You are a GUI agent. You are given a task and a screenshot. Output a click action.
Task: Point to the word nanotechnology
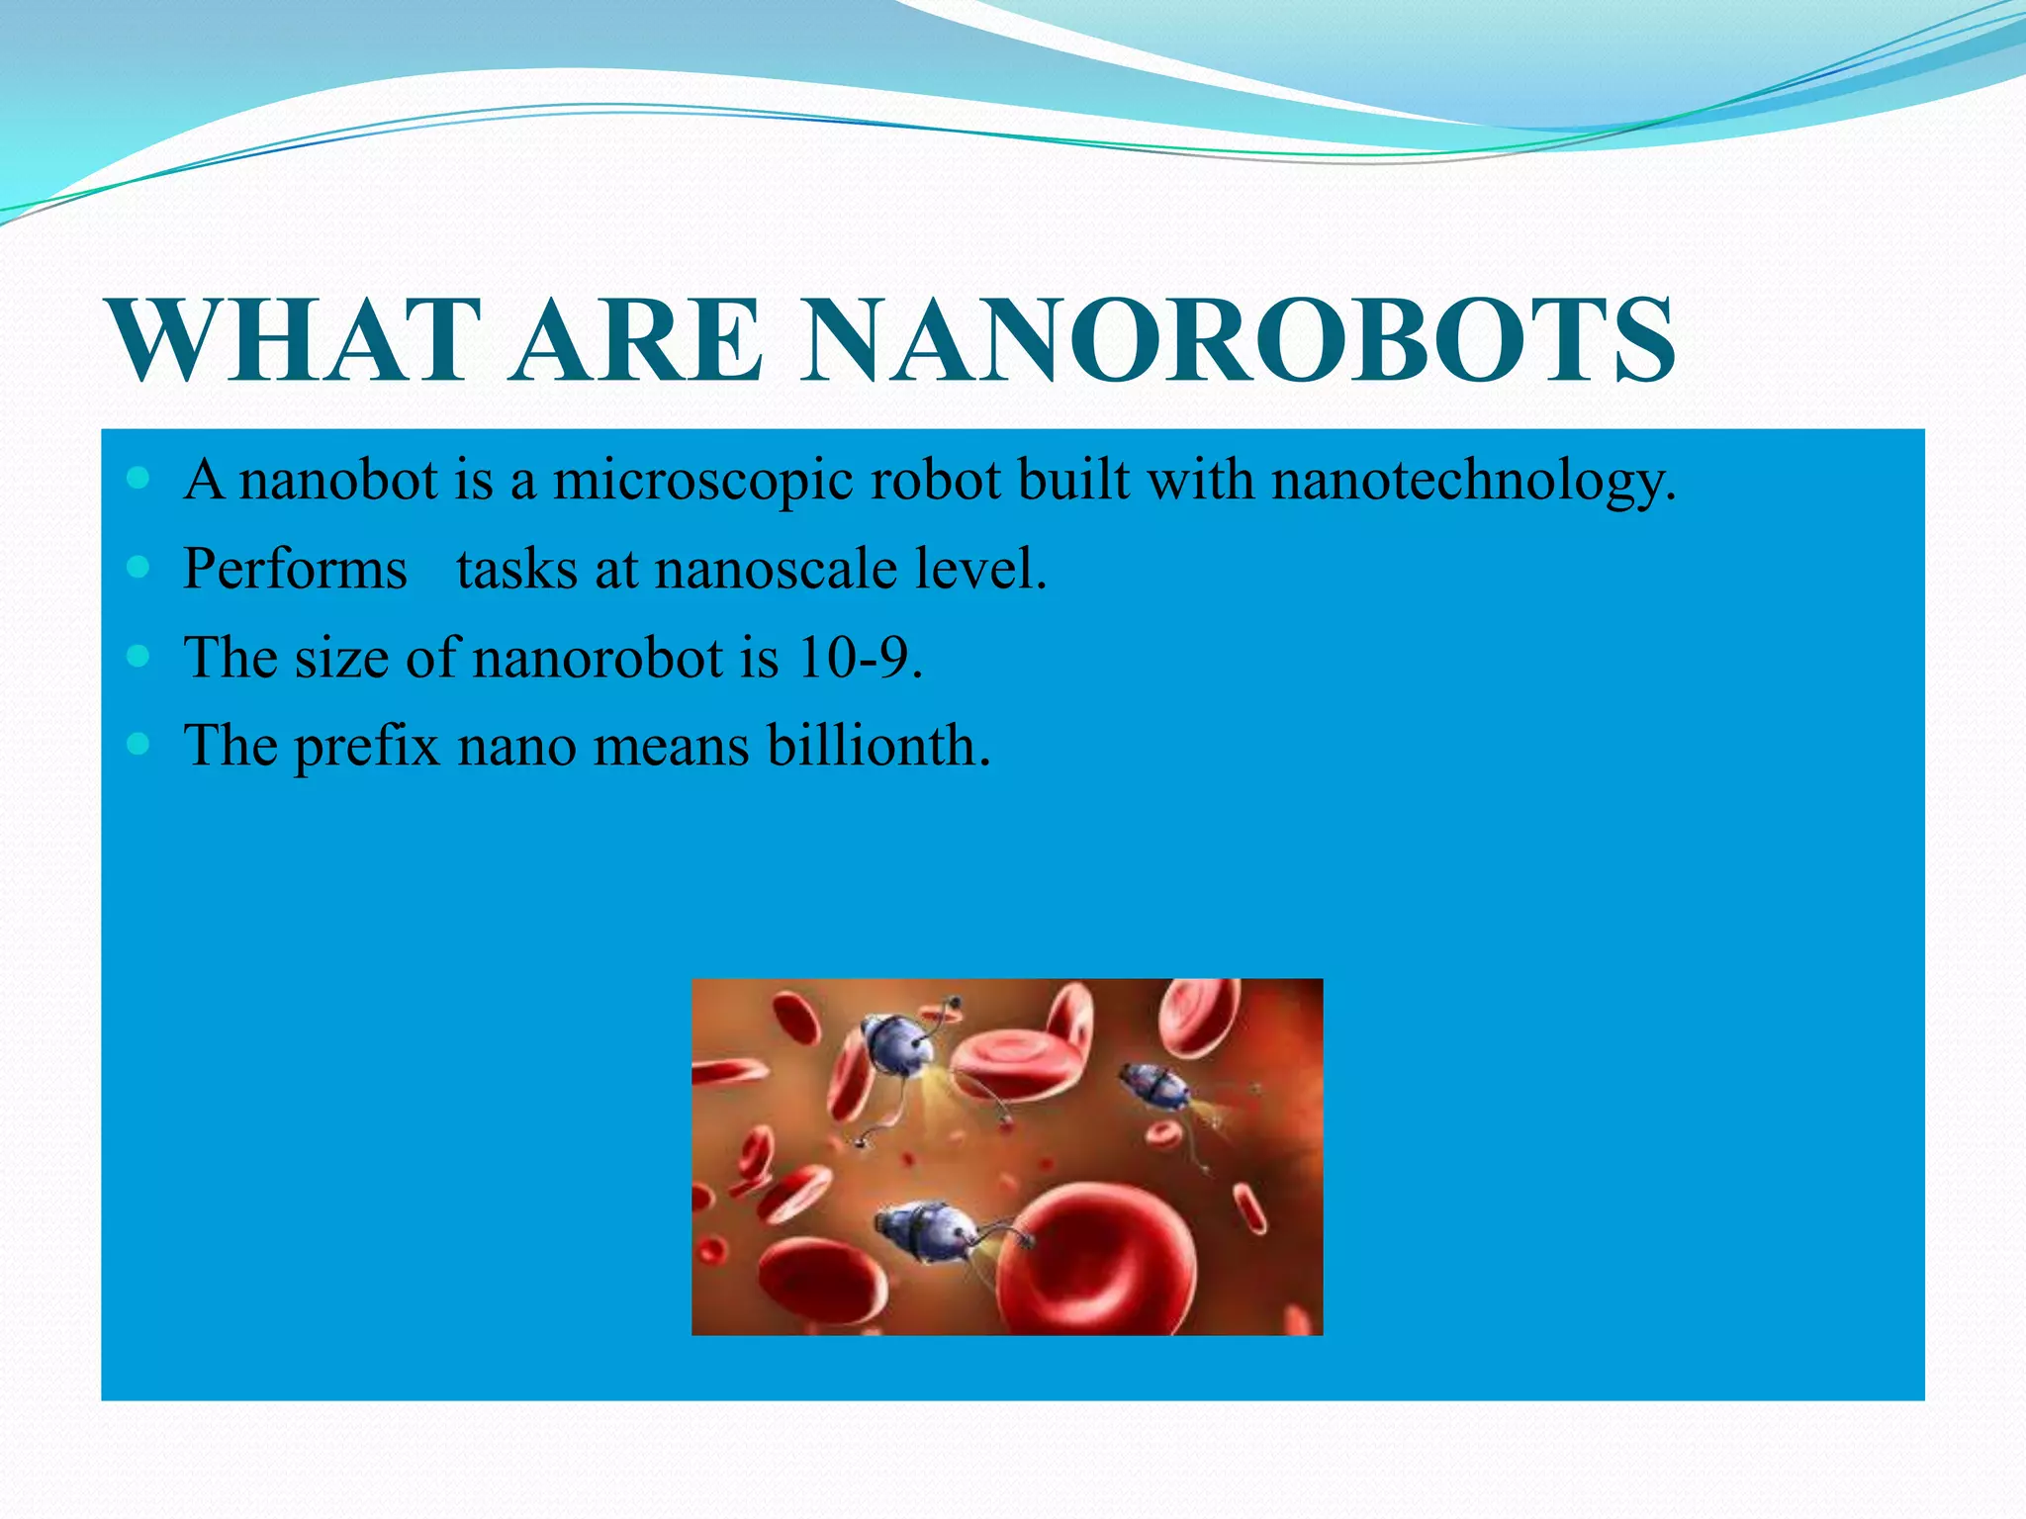(x=1474, y=483)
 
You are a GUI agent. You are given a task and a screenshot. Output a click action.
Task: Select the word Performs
(x=295, y=570)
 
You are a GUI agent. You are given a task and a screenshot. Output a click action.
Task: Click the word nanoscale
(x=776, y=570)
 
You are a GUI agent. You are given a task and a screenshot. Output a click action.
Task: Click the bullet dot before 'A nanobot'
(x=138, y=480)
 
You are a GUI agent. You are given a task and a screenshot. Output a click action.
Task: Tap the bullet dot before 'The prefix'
(x=138, y=744)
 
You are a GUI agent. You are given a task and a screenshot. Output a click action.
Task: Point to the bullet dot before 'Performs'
(x=138, y=568)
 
